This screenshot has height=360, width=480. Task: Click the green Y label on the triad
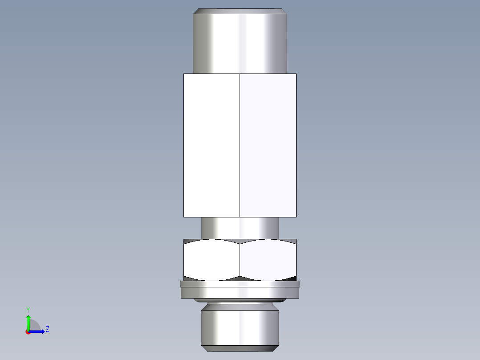[28, 309]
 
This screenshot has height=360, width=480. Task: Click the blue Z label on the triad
[47, 329]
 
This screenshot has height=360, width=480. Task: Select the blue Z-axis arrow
[38, 331]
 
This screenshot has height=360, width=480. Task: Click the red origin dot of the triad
[28, 332]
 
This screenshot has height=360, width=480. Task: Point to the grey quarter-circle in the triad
[34, 326]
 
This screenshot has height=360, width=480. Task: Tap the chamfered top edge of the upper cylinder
[240, 11]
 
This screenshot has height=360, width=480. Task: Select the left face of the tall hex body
[212, 145]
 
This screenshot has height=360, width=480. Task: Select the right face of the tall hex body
[268, 145]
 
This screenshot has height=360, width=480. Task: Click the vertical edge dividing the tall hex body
[240, 145]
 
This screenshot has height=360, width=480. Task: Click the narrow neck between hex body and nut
[240, 228]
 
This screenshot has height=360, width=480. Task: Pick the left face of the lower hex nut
[212, 261]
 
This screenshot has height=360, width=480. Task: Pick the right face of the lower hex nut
[268, 261]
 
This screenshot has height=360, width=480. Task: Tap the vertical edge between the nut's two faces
[240, 261]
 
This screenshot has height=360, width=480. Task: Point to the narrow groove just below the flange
[240, 301]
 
